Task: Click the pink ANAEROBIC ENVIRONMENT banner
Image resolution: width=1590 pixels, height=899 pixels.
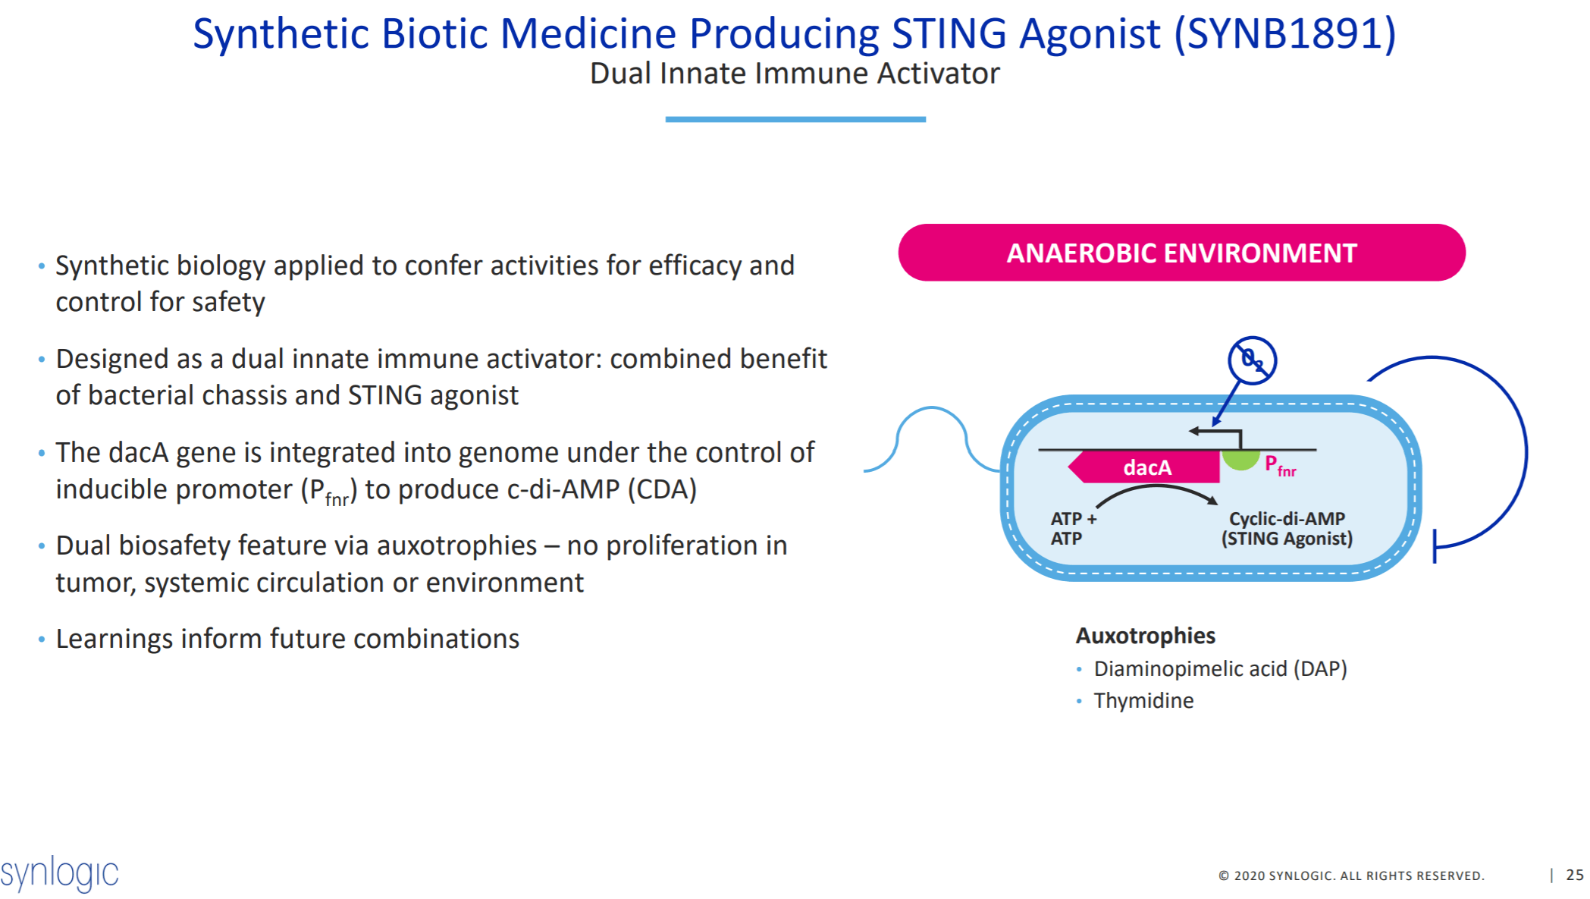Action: (x=1181, y=253)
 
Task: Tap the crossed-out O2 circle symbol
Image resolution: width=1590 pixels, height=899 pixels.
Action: (x=1252, y=360)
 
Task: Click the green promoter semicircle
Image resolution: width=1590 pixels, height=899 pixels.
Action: (x=1240, y=459)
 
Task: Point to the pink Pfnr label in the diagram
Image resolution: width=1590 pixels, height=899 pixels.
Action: (x=1280, y=465)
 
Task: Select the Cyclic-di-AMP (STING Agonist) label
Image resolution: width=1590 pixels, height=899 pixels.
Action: (x=1287, y=528)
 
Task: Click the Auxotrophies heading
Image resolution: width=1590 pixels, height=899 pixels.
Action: (x=1145, y=635)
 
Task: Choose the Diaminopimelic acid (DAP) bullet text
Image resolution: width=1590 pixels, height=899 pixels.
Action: (x=1219, y=668)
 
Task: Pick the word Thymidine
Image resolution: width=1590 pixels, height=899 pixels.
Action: (x=1143, y=700)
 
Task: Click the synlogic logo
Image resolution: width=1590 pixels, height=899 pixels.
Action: (x=59, y=873)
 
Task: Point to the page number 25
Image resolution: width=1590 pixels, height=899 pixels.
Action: (x=1574, y=875)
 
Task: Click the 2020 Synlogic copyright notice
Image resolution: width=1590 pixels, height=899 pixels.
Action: (x=1350, y=875)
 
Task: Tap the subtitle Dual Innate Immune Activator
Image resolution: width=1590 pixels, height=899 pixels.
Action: (x=795, y=74)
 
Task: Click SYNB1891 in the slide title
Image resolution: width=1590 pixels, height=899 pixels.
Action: (x=1284, y=34)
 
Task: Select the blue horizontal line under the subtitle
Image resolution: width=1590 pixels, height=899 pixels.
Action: (x=795, y=119)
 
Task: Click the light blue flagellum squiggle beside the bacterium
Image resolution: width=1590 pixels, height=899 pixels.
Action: (x=931, y=436)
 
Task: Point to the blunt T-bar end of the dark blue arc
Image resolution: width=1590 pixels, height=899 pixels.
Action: (x=1435, y=546)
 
